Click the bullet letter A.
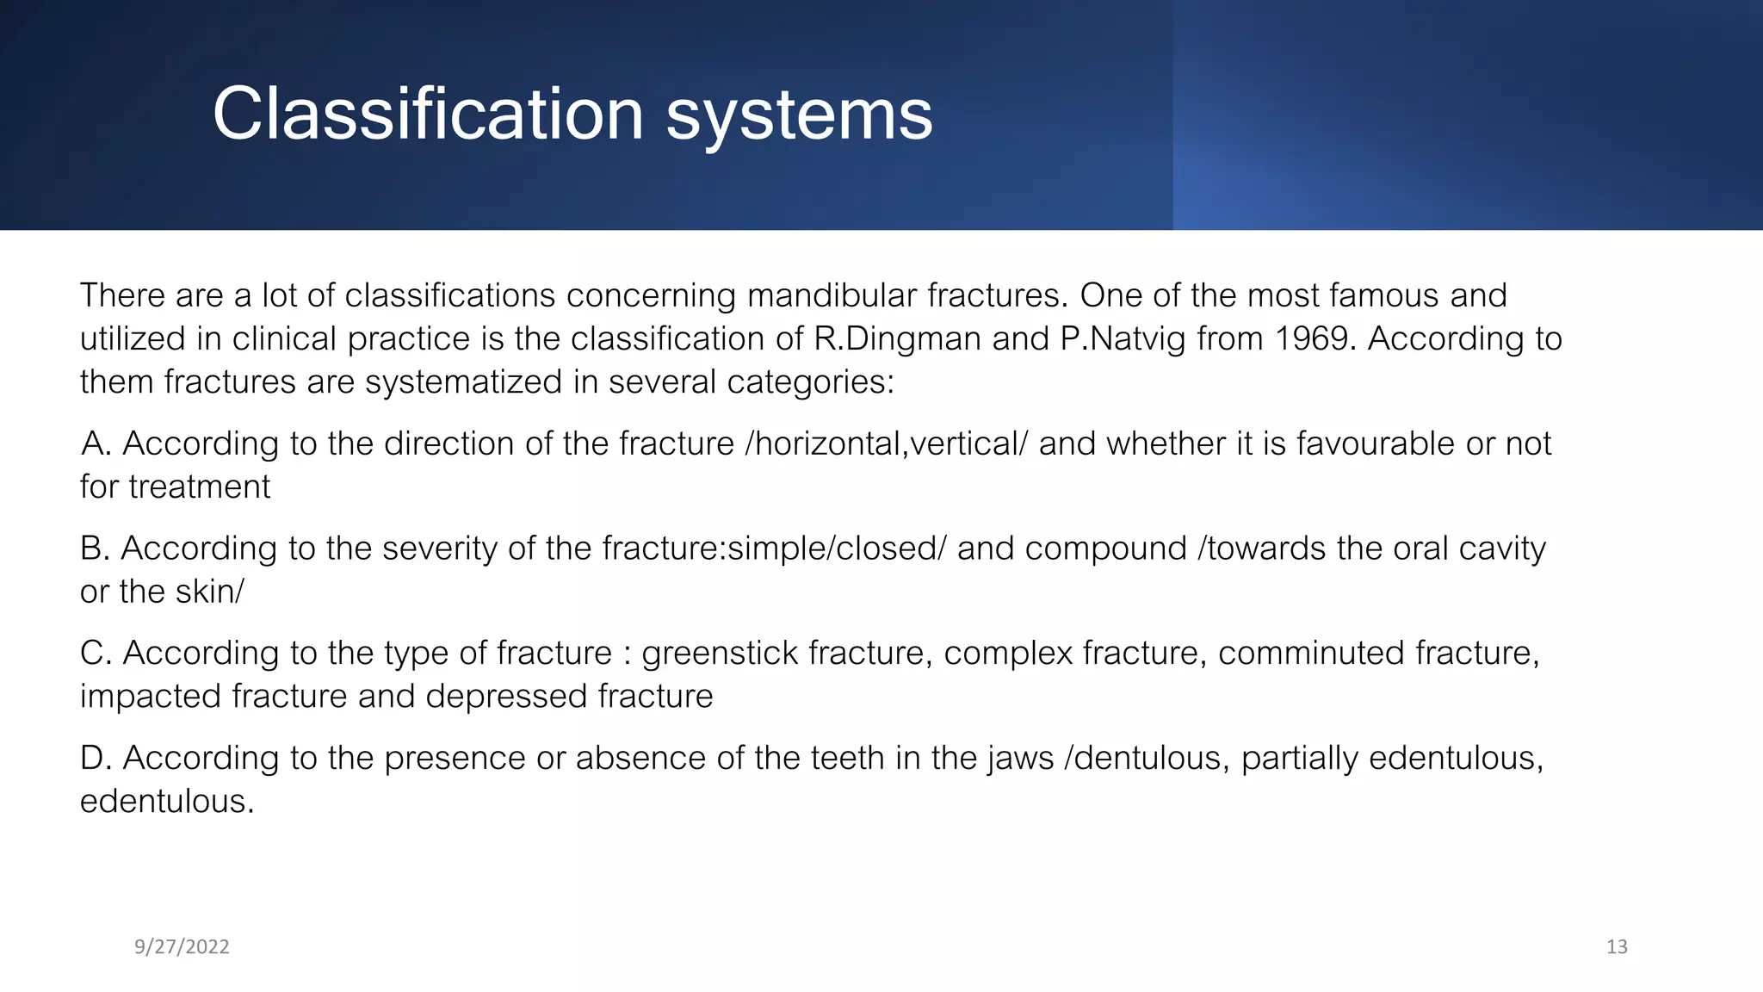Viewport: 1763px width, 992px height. tap(95, 443)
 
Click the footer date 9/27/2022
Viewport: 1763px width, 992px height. tap(182, 947)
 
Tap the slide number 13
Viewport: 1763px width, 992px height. tap(1617, 947)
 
